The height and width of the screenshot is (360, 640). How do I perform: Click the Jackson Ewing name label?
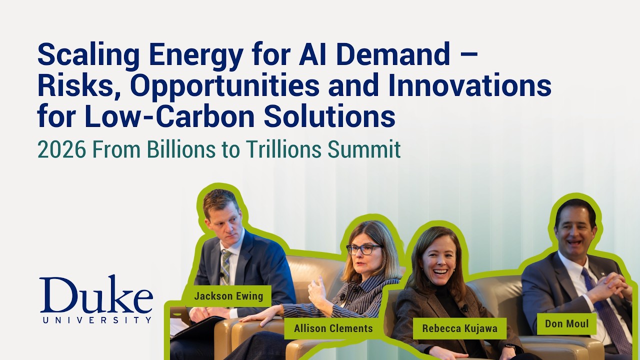[228, 296]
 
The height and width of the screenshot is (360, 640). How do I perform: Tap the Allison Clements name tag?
[333, 328]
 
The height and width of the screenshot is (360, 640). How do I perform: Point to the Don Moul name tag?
[567, 323]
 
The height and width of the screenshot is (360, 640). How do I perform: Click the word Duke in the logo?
[96, 295]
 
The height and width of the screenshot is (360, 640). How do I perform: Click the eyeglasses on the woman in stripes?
[363, 249]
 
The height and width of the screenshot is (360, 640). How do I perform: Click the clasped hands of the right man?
[612, 286]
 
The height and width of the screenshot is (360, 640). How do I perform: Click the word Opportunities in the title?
[225, 86]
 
